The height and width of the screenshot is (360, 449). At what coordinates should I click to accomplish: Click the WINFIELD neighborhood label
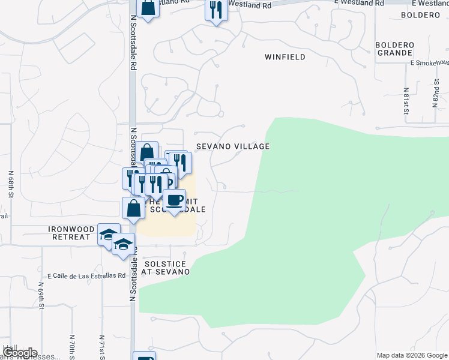point(285,57)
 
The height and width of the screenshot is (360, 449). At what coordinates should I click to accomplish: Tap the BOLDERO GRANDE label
point(394,49)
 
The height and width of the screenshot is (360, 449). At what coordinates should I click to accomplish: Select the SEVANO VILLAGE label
point(233,146)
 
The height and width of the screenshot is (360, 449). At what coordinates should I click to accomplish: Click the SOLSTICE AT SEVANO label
point(166,268)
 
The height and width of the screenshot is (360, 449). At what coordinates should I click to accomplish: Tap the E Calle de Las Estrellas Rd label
point(83,276)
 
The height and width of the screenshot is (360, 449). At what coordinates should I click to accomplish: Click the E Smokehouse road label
point(430,62)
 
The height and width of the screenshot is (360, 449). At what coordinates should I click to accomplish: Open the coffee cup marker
point(174,200)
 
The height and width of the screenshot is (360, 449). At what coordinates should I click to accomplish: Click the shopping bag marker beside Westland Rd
point(148,8)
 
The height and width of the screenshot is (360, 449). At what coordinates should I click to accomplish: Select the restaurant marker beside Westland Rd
point(216,10)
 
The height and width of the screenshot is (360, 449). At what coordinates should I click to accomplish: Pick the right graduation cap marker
point(123,244)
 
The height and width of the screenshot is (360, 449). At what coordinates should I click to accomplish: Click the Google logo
point(19,352)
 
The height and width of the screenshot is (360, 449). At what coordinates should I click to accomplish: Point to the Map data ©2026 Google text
point(411,355)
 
